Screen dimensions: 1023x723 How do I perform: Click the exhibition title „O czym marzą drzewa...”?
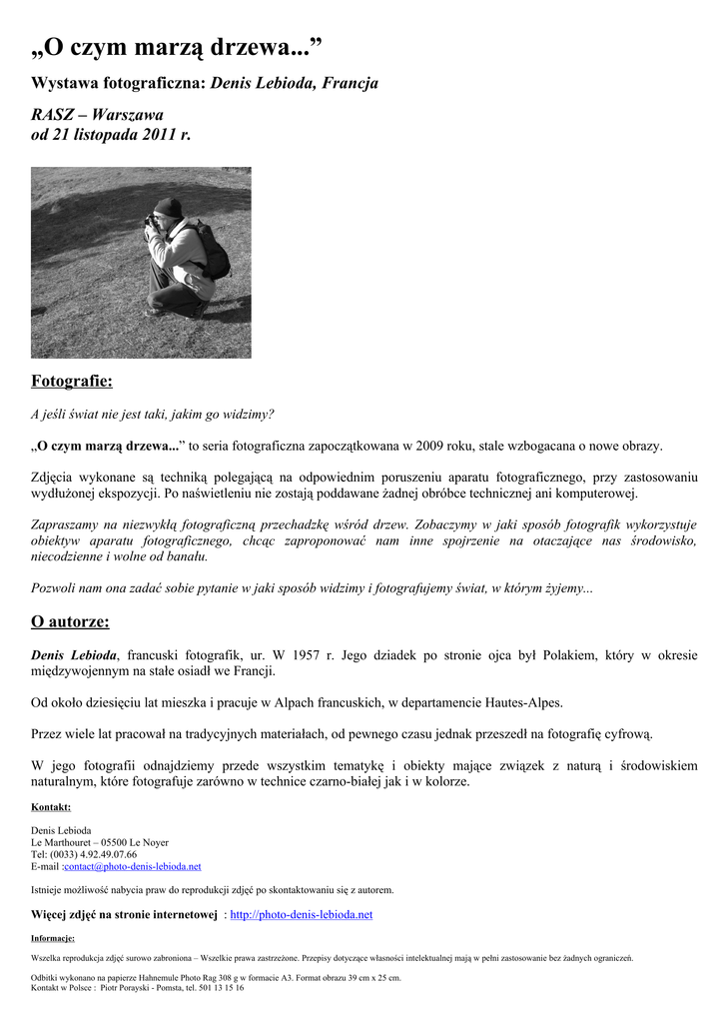point(177,46)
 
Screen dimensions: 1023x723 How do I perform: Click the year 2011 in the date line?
point(156,134)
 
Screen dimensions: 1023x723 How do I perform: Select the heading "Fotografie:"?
point(72,381)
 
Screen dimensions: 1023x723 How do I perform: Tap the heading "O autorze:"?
point(70,622)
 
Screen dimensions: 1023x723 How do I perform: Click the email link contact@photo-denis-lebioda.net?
point(133,866)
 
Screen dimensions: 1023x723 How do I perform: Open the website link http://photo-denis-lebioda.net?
point(301,914)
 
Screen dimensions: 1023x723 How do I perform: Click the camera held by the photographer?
point(151,219)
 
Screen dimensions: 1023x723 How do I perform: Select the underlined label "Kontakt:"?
point(51,807)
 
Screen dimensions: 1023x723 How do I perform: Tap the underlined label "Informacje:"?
point(53,938)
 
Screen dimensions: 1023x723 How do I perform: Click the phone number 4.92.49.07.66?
point(102,854)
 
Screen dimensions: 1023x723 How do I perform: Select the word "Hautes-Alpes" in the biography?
point(525,702)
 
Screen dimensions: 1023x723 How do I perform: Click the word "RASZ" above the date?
point(53,114)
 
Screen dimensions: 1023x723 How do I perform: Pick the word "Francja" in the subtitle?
point(350,83)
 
